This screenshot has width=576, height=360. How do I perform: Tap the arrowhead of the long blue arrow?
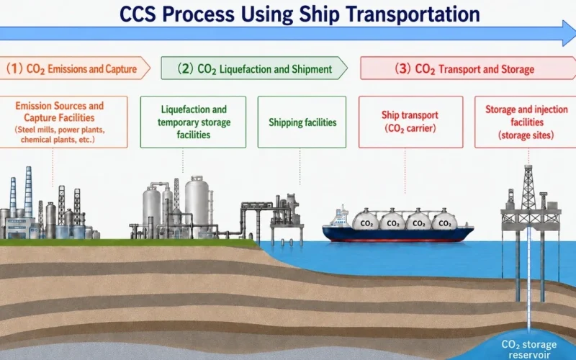pyautogui.click(x=570, y=33)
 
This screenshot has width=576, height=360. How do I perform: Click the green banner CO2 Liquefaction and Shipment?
pyautogui.click(x=254, y=68)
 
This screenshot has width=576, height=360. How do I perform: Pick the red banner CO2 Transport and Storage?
pyautogui.click(x=468, y=68)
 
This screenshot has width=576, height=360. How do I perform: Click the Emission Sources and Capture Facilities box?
pyautogui.click(x=63, y=122)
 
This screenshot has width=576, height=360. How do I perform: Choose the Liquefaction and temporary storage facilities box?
pyautogui.click(x=193, y=122)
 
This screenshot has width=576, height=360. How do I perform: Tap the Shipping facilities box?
pyautogui.click(x=302, y=122)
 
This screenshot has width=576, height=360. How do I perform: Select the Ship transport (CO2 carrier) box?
pyautogui.click(x=410, y=122)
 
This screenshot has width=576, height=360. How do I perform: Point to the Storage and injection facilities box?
pyautogui.click(x=526, y=122)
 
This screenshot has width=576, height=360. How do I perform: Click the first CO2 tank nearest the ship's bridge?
pyautogui.click(x=366, y=221)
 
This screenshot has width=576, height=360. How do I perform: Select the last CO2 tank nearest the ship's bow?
pyautogui.click(x=444, y=221)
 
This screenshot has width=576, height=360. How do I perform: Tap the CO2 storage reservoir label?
pyautogui.click(x=529, y=349)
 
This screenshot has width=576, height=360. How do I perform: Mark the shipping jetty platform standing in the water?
pyautogui.click(x=287, y=220)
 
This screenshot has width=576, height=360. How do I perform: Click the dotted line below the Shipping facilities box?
pyautogui.click(x=300, y=166)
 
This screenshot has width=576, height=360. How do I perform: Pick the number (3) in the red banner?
pyautogui.click(x=402, y=68)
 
